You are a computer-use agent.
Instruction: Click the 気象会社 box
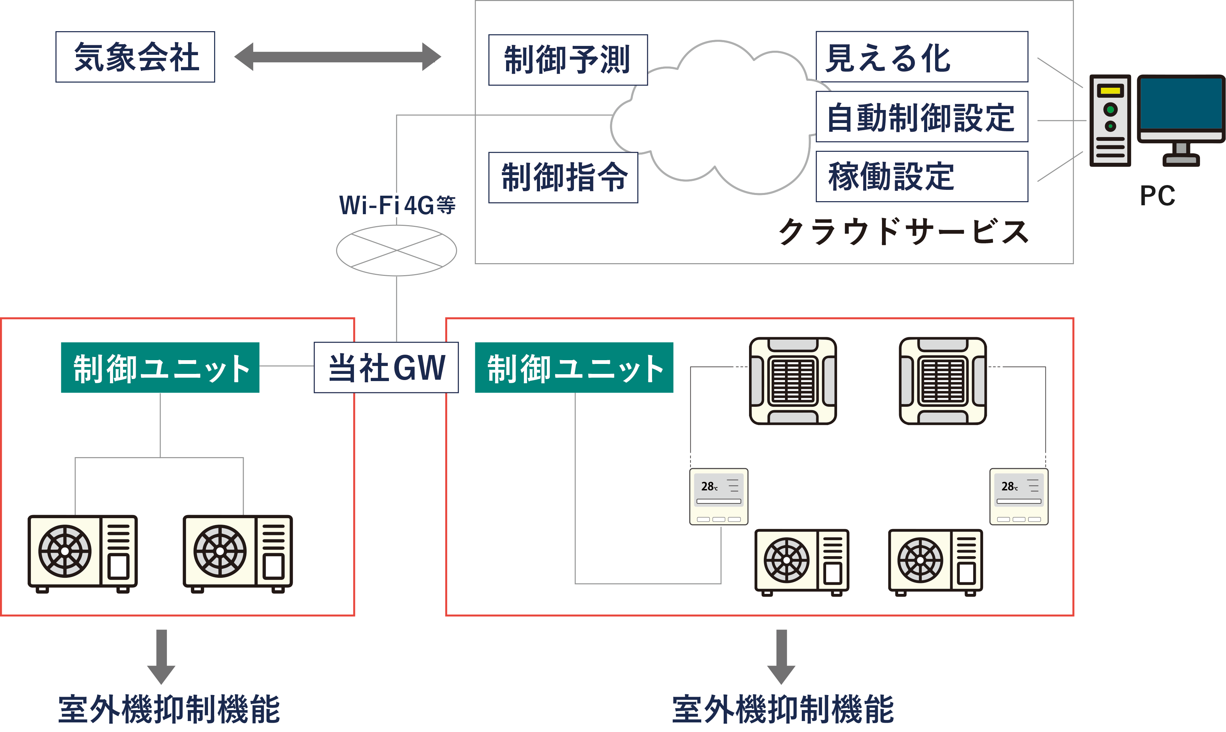(x=135, y=57)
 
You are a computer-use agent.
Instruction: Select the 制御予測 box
(x=568, y=60)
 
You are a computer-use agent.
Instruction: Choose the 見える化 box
(x=921, y=57)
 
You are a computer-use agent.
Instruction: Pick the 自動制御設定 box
(x=921, y=117)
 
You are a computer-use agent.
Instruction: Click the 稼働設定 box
(x=921, y=176)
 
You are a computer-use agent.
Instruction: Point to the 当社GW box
(x=386, y=367)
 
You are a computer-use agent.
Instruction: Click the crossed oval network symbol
(x=396, y=251)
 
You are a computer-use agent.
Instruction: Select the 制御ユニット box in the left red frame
(x=160, y=367)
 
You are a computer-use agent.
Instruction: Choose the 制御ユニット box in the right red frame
(x=574, y=367)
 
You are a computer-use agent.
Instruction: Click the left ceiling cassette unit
(x=793, y=381)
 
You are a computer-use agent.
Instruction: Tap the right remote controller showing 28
(x=1019, y=496)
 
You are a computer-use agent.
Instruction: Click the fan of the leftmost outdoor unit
(x=65, y=551)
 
